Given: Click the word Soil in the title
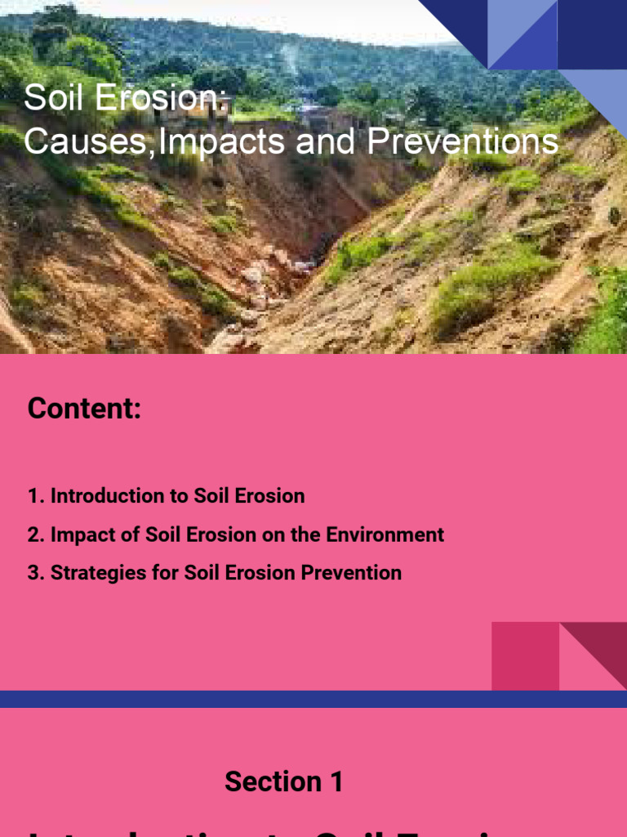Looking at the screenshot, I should [55, 98].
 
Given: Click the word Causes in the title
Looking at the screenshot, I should [88, 141].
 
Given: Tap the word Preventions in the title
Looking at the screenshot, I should [463, 141].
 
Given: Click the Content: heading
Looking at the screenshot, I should [84, 408].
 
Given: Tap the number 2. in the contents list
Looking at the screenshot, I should [36, 535].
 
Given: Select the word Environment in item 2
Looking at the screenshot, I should [385, 535].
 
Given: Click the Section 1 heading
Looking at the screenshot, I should [283, 781].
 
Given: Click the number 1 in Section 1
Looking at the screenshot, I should [336, 781].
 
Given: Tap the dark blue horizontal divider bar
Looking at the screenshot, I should [313, 699].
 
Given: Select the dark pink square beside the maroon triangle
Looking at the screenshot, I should [524, 656].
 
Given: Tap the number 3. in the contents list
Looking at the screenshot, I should [36, 573].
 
